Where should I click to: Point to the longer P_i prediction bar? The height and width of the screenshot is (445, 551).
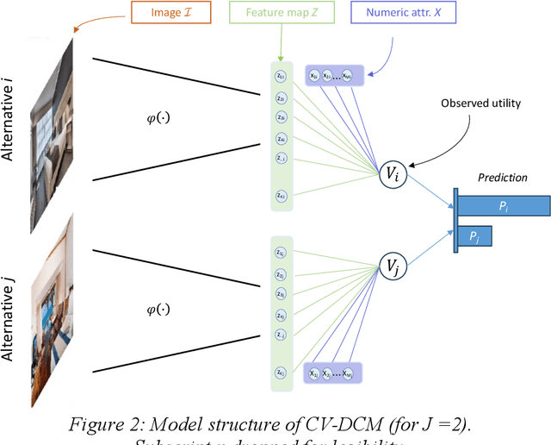click(x=504, y=204)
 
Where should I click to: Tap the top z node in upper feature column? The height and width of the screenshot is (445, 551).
click(x=281, y=76)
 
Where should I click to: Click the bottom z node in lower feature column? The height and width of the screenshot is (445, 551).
click(x=281, y=372)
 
